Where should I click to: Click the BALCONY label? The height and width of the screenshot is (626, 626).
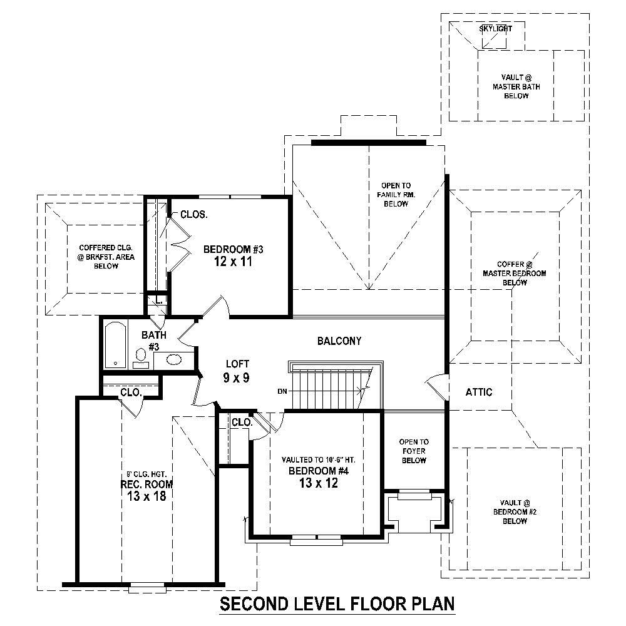pos(339,341)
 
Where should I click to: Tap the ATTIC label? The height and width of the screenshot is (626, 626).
pos(479,393)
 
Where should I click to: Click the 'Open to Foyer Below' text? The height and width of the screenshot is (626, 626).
pos(414,451)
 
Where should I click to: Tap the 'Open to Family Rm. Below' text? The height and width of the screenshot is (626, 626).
pos(396,195)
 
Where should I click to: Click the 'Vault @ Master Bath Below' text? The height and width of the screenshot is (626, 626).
pos(515,87)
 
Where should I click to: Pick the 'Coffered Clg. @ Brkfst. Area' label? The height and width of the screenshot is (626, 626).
pos(106,257)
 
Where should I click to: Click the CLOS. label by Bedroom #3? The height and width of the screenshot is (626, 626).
pos(194,214)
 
